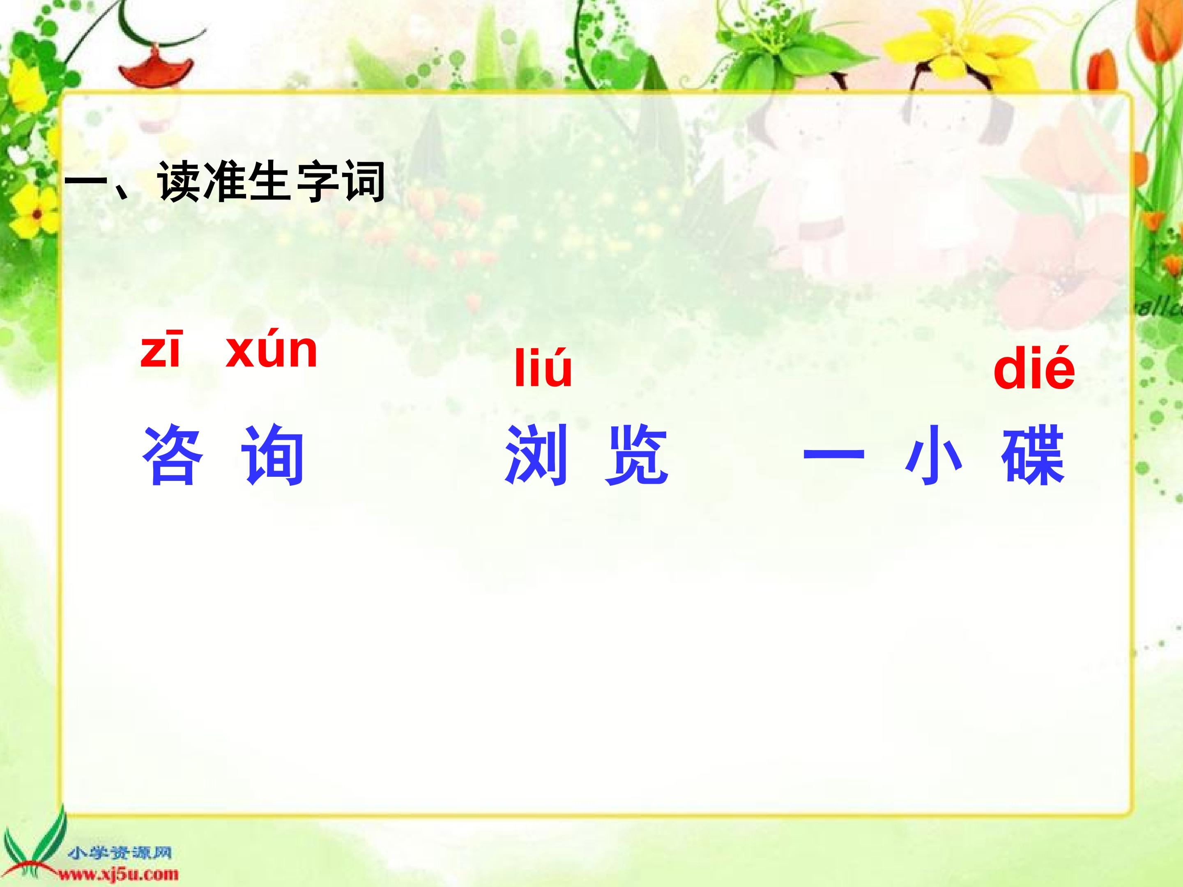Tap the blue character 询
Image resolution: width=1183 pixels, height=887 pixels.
coord(273,455)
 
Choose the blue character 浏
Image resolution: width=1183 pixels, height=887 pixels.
coord(536,455)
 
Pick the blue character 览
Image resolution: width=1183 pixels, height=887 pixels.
coord(636,455)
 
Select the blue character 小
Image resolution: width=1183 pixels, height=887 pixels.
coord(934,455)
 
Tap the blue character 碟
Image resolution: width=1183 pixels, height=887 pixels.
coord(1034,455)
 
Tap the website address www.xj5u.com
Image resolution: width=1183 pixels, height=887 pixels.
coord(117,875)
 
